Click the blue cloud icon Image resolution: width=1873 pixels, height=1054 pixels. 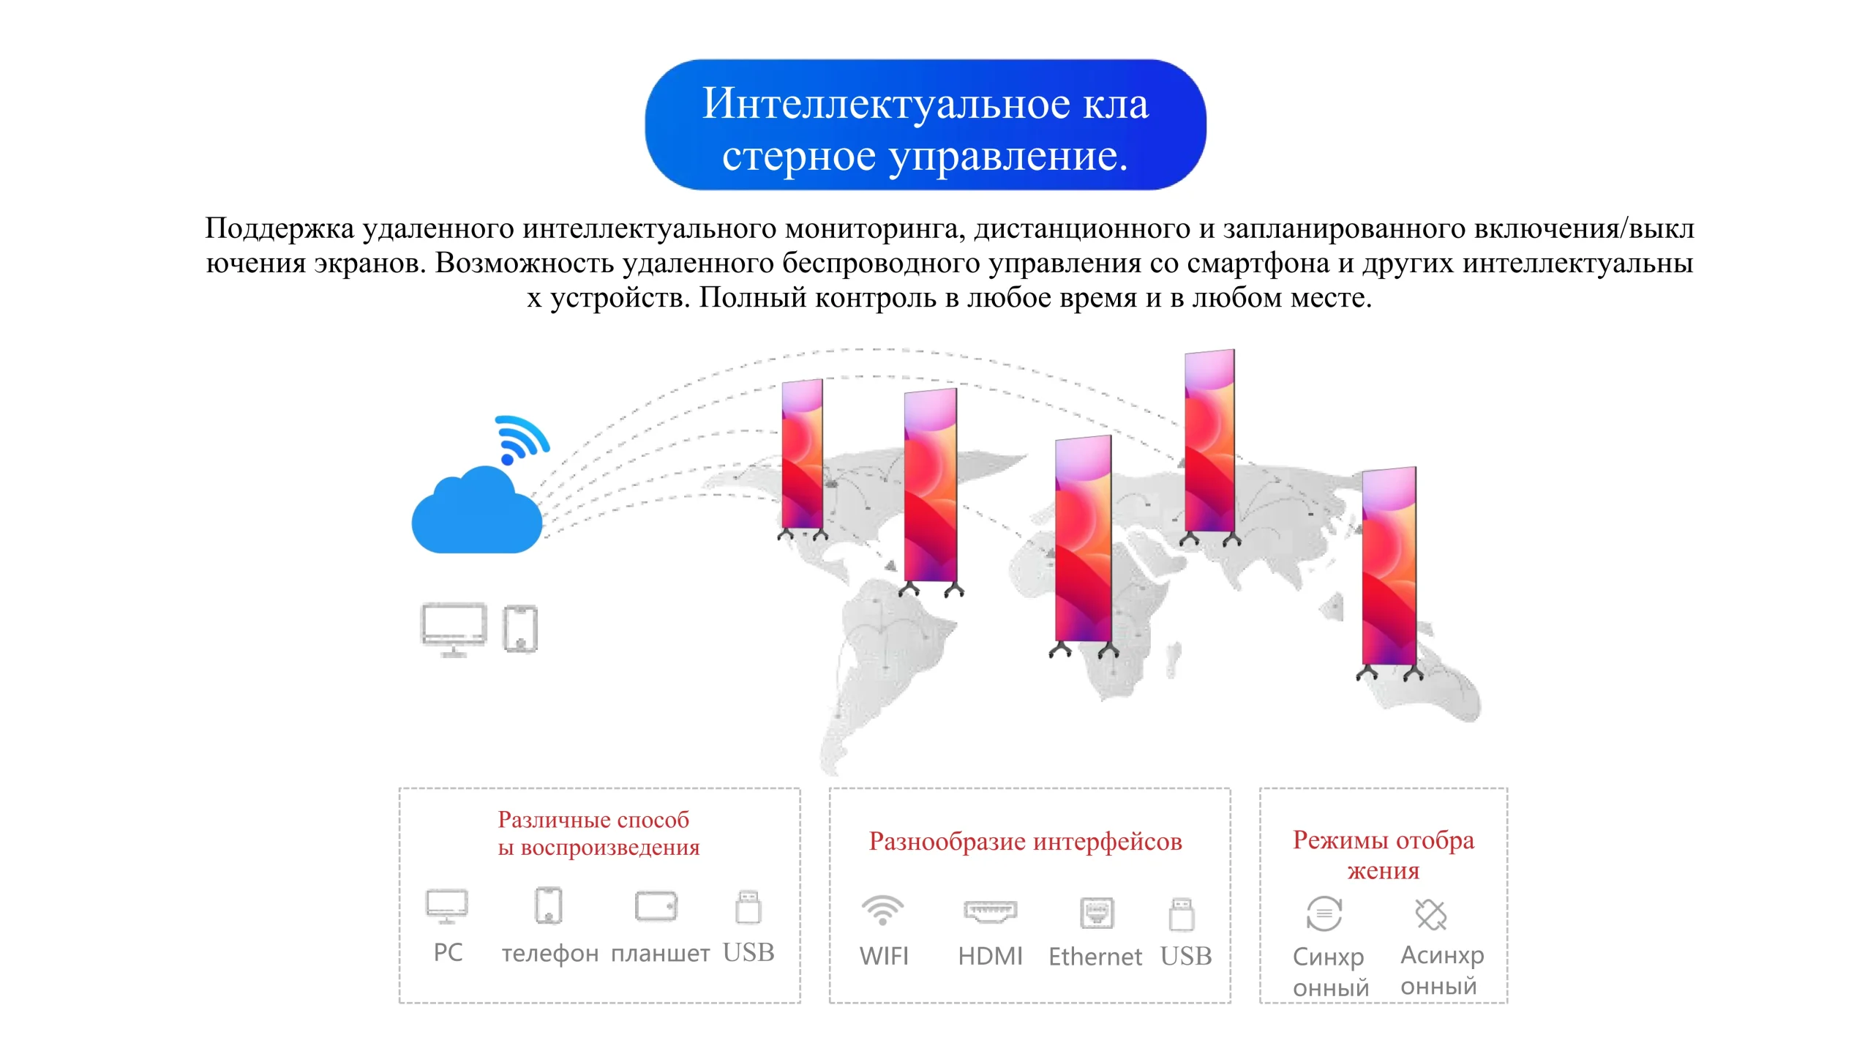coord(476,513)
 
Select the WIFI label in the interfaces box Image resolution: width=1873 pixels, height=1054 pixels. coord(884,956)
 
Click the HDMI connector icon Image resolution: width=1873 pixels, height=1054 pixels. coord(990,911)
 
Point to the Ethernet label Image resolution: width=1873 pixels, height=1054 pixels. coord(1095,957)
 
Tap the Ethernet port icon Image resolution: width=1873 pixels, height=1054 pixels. coord(1097,913)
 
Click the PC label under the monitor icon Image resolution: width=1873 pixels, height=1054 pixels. coord(448,952)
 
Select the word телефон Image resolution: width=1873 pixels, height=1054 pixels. coord(550,953)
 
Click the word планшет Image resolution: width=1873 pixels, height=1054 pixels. coord(660,953)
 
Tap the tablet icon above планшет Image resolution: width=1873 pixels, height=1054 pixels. coord(656,906)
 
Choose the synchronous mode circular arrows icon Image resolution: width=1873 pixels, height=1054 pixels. coord(1324,913)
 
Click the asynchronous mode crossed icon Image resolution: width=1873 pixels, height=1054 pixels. coord(1430,914)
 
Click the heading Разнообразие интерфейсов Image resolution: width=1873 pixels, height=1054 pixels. coord(1025,842)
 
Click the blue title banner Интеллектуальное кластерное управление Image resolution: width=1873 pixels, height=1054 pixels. coord(925,125)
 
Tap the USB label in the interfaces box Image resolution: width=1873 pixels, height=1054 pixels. coord(1186,956)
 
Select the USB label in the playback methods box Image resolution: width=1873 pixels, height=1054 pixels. coord(748,952)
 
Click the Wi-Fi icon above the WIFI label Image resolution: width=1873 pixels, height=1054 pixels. coord(882,911)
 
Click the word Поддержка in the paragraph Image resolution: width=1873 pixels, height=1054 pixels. coord(279,228)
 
